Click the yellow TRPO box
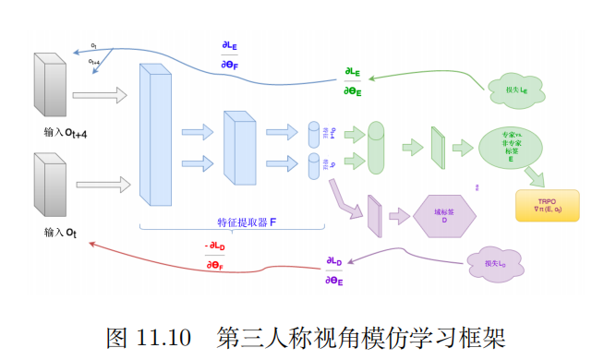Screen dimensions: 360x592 click(546, 206)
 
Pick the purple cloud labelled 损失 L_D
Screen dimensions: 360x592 click(496, 264)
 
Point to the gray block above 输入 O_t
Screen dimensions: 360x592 click(50, 184)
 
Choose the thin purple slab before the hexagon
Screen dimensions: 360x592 click(373, 217)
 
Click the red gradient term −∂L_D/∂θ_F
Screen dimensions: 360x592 click(214, 256)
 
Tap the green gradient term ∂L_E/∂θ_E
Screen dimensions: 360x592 click(352, 80)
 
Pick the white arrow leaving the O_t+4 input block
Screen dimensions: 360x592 click(98, 94)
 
